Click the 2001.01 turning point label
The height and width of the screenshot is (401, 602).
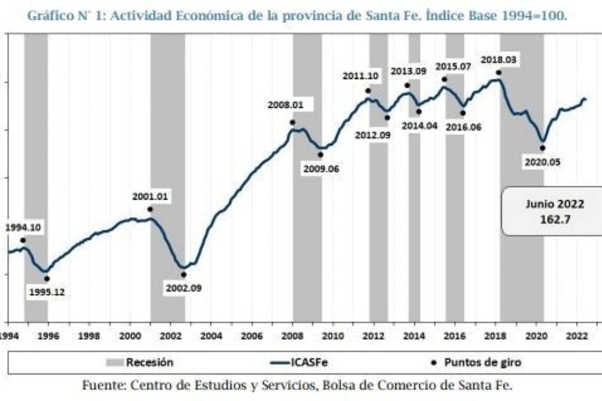pos(150,196)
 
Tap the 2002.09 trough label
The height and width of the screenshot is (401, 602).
pos(183,288)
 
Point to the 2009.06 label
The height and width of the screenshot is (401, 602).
pos(320,168)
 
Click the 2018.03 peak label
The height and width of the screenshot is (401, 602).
pos(498,60)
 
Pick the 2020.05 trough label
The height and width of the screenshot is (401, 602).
pos(542,162)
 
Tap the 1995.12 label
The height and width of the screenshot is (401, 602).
pos(46,292)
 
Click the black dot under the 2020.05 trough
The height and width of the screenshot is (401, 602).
pos(542,148)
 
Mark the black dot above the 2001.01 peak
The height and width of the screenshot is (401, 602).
pos(150,209)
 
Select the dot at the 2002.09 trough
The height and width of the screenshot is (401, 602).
pos(183,274)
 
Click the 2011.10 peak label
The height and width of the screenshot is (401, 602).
pos(361,77)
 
